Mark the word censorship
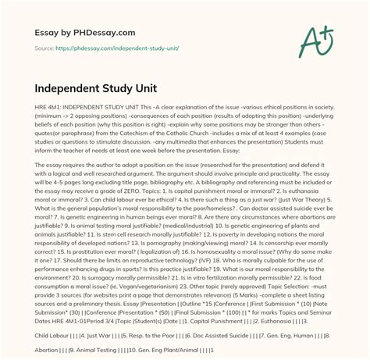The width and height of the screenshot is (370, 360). [301, 242]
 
